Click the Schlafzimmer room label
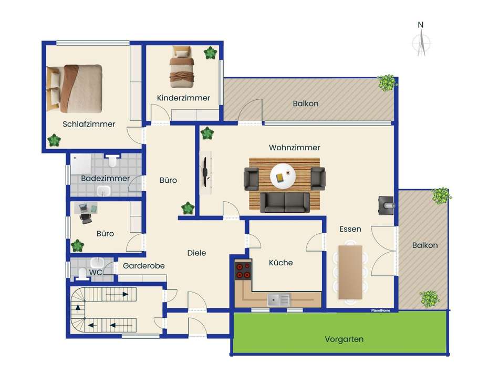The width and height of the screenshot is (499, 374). click(89, 124)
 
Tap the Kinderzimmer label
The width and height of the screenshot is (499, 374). click(183, 98)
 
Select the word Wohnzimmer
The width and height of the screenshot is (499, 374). click(294, 148)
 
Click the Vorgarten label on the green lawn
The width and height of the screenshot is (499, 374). click(344, 339)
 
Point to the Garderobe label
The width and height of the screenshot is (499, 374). click(144, 266)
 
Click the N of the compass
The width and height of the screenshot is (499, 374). click(420, 25)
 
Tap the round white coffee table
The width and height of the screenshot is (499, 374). click(283, 176)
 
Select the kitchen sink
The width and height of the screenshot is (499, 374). click(279, 300)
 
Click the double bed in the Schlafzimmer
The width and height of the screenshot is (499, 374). click(74, 89)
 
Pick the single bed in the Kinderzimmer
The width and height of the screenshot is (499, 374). click(182, 67)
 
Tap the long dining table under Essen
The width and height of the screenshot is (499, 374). click(350, 272)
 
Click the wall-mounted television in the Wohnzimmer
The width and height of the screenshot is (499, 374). click(205, 172)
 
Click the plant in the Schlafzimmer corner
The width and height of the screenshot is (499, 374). click(54, 140)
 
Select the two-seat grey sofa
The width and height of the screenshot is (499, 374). click(285, 202)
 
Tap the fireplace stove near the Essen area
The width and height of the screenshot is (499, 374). click(386, 205)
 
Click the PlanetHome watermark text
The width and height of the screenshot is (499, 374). click(381, 310)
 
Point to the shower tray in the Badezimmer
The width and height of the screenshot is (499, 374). click(81, 164)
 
